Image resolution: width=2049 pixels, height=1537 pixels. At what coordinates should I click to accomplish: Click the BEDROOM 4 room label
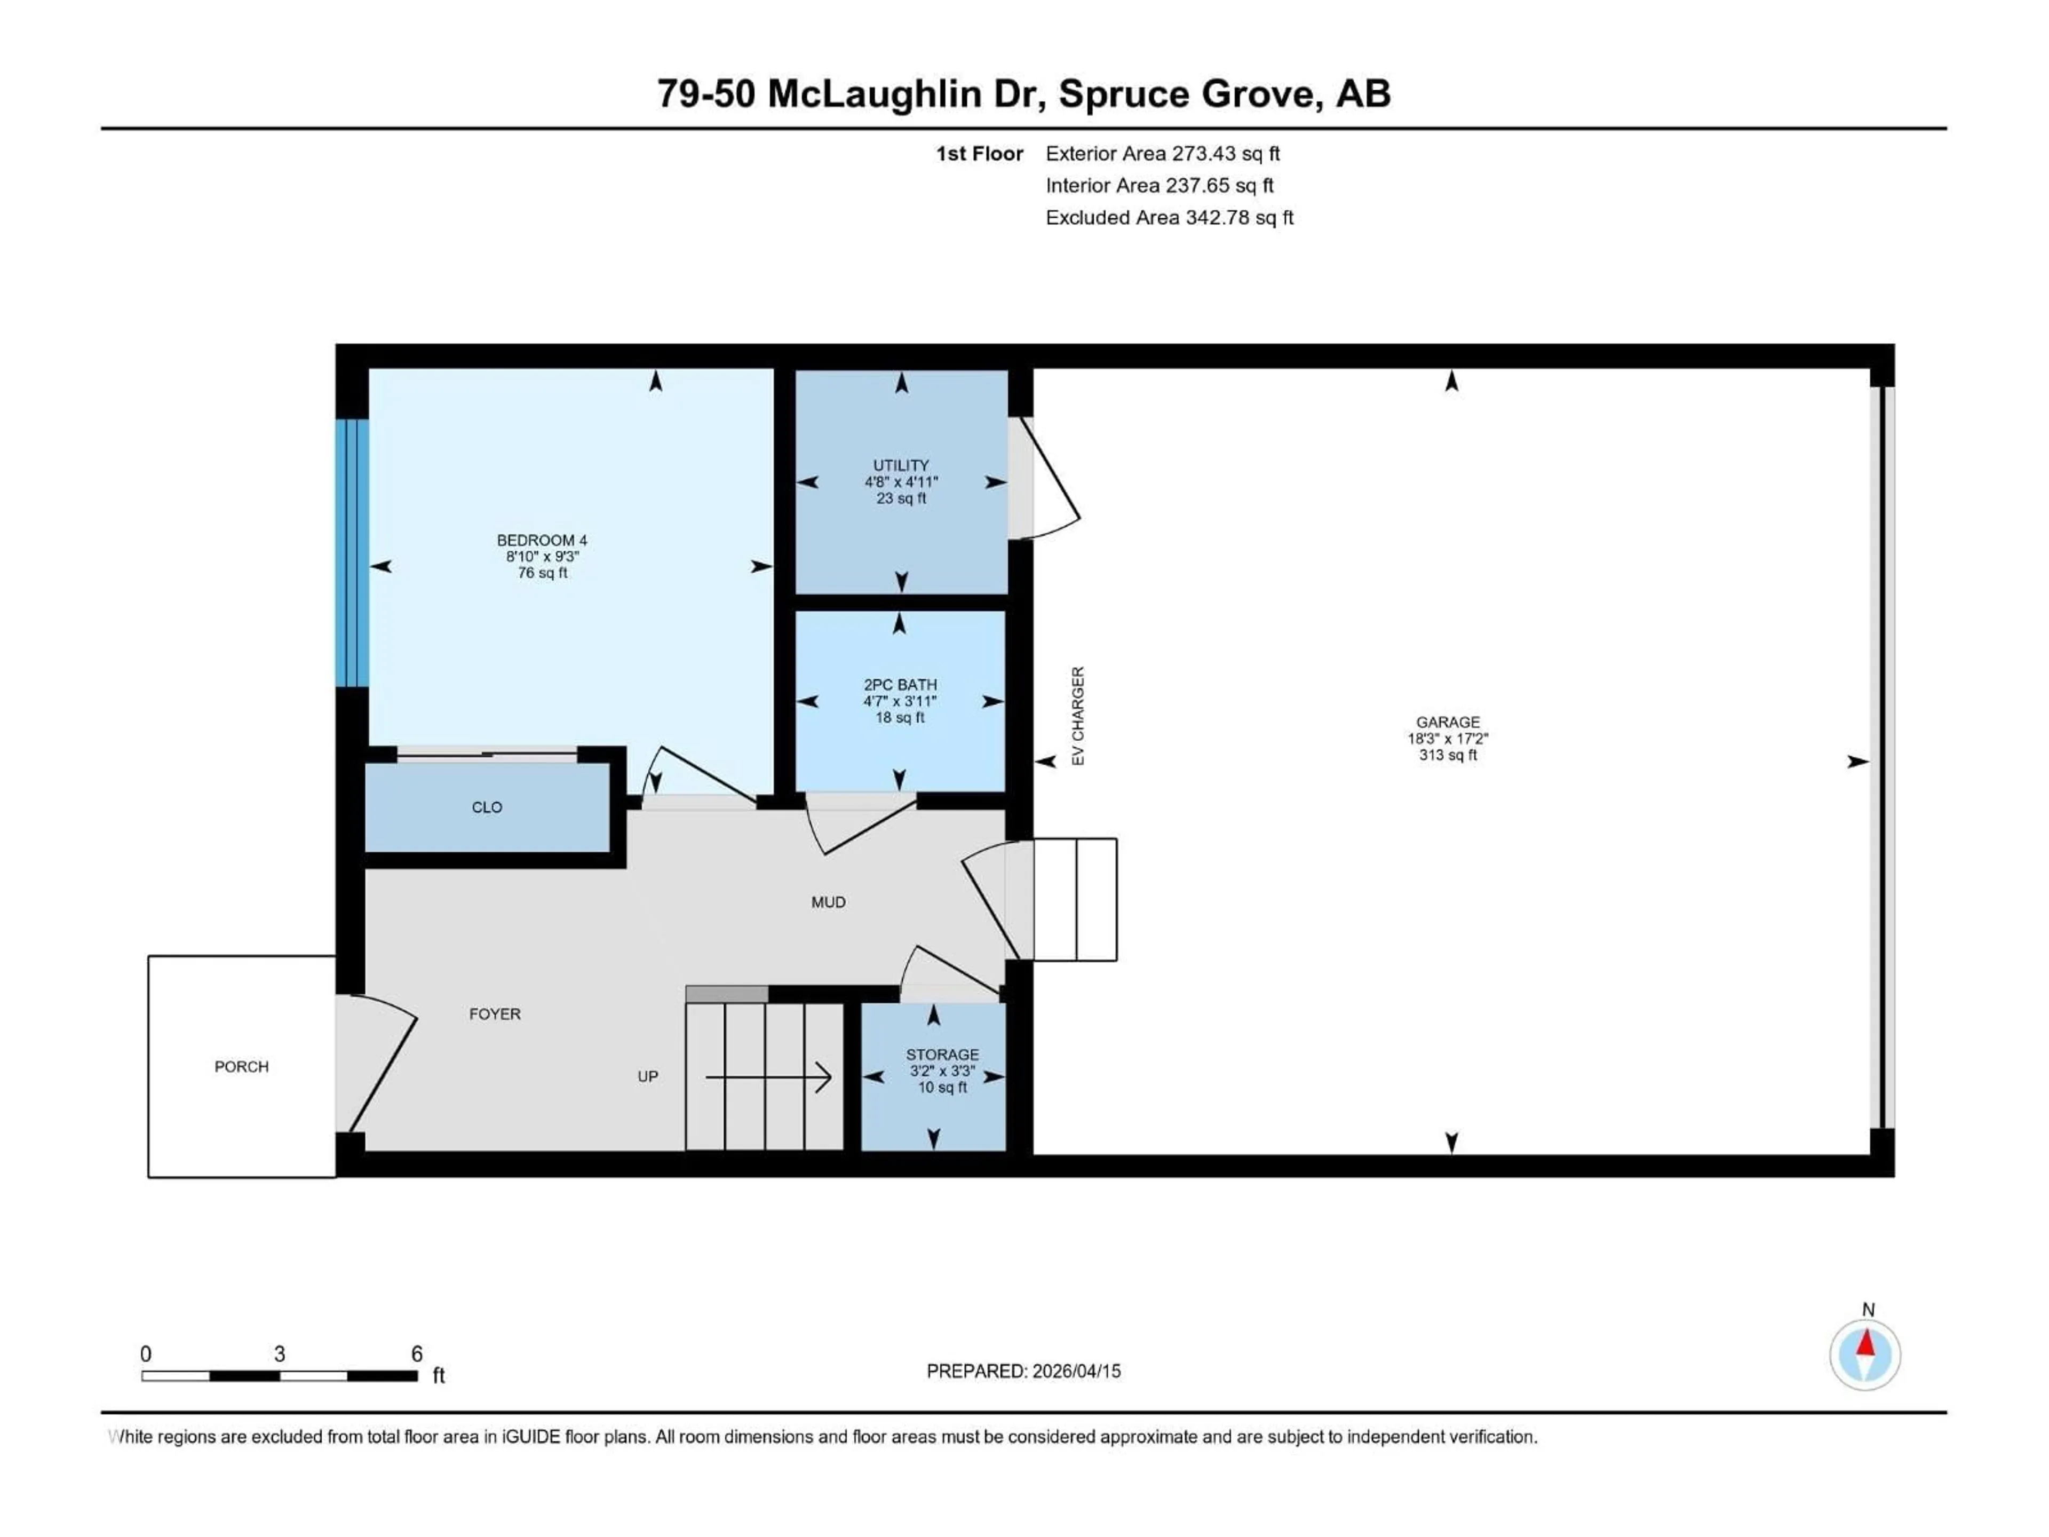[542, 540]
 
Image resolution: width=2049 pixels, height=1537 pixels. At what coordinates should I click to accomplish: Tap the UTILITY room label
[900, 465]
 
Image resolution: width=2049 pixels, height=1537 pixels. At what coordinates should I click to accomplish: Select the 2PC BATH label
[900, 685]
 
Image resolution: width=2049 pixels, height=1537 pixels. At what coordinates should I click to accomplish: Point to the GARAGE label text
[1447, 722]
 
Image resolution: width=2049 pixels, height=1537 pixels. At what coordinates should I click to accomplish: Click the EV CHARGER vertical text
[1077, 715]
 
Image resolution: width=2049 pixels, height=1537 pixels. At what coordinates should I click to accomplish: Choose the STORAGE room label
[942, 1055]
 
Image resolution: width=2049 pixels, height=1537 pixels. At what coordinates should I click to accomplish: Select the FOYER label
[495, 1013]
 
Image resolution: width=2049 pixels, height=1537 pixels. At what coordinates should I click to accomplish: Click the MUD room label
[828, 901]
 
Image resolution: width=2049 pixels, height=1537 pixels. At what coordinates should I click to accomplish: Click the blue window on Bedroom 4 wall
[352, 553]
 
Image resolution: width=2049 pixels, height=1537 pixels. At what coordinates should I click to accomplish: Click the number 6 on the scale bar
[417, 1353]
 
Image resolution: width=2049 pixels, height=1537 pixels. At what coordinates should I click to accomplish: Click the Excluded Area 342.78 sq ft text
[1169, 218]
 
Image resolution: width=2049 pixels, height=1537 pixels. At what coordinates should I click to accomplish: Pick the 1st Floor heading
[979, 154]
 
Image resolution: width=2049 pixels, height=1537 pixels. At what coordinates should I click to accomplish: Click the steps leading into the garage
[1075, 899]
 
